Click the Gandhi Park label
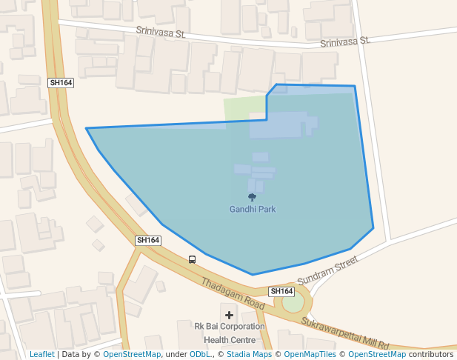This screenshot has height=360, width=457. point(252,210)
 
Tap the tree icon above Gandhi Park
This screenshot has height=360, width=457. point(252,197)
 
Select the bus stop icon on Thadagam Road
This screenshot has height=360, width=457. point(192,259)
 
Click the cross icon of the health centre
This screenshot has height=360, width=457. point(229,315)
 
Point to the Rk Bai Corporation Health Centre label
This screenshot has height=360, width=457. point(229,333)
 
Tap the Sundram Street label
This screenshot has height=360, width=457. point(327,272)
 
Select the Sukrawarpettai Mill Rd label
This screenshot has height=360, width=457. point(345,333)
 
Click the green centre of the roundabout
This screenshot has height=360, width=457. point(293,303)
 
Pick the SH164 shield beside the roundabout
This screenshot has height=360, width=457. point(281,291)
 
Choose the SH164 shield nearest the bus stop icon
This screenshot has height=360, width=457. point(148,240)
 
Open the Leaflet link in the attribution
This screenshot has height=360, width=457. point(42,354)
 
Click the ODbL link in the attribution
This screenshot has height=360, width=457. point(200,354)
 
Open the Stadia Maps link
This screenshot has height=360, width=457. point(249,354)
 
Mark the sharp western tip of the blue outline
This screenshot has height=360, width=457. point(87,129)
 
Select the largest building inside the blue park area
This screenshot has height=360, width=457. point(278,125)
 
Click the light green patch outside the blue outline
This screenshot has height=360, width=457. point(244,107)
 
